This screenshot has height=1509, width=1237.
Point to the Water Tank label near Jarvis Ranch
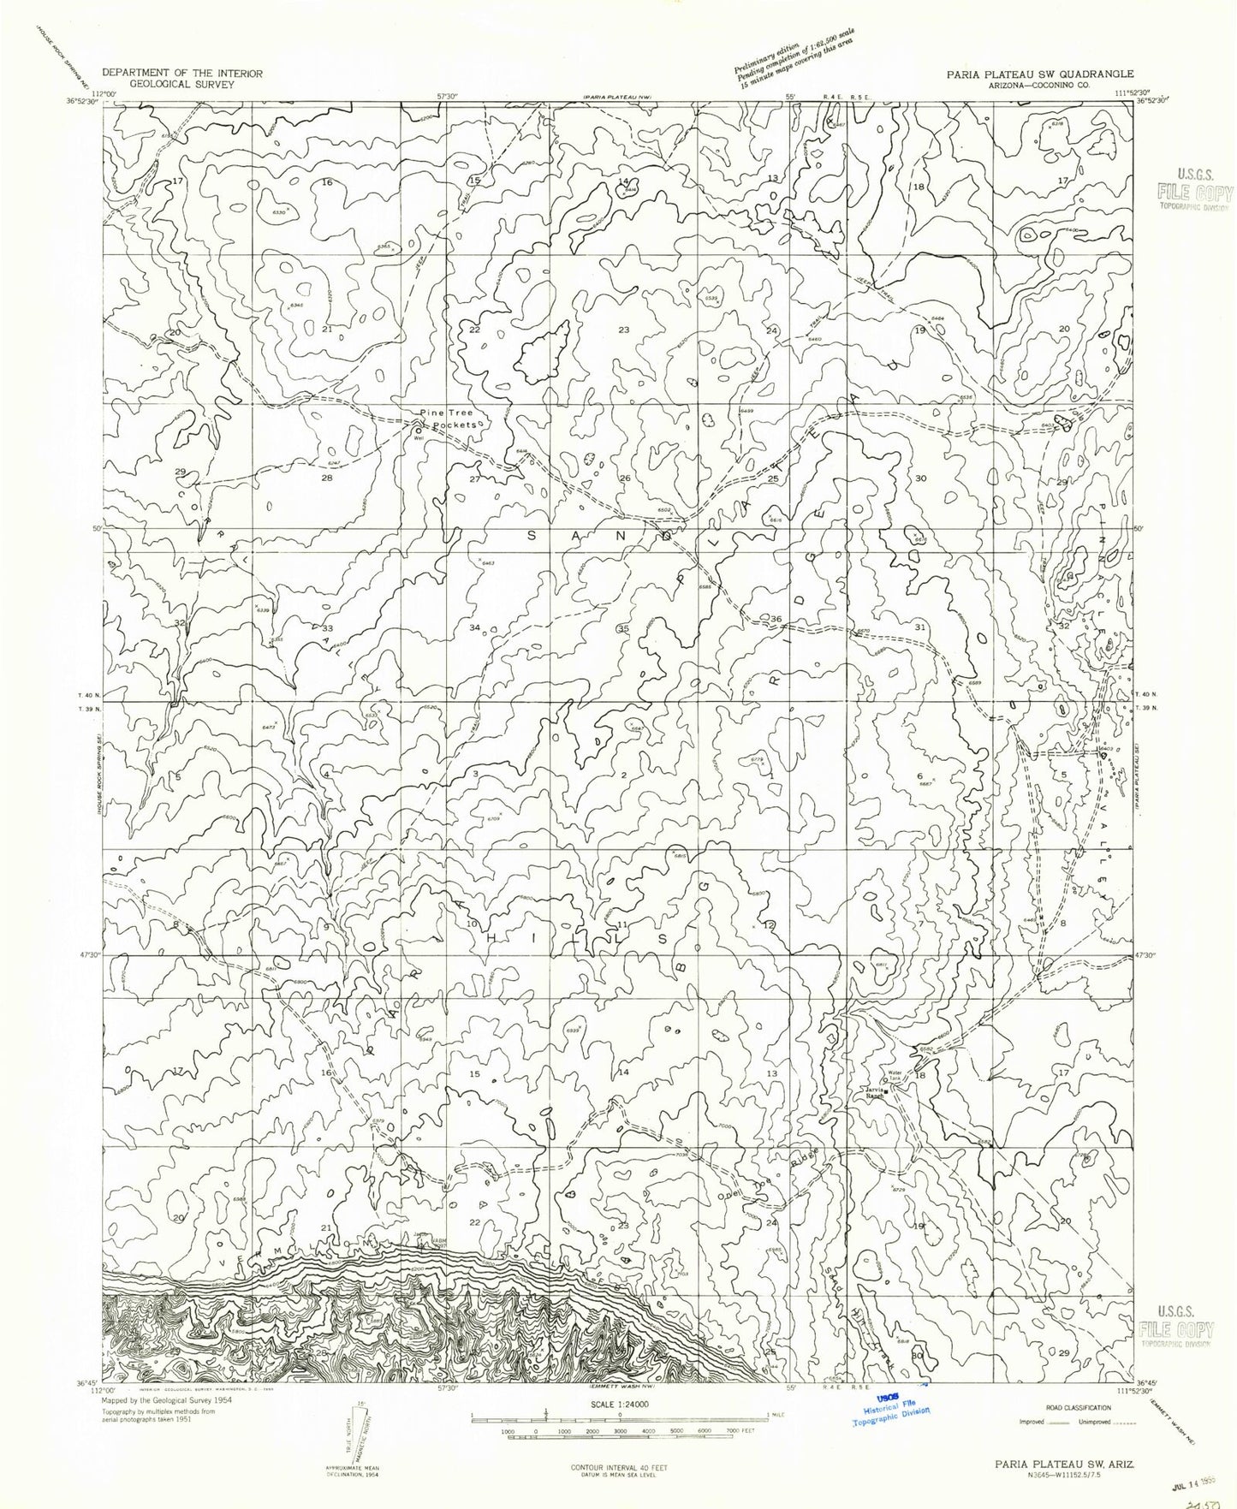tap(895, 1074)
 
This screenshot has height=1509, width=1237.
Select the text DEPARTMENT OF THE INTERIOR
tap(181, 74)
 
